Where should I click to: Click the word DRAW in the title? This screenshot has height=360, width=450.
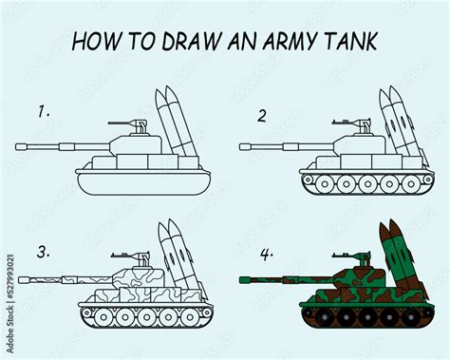point(175,44)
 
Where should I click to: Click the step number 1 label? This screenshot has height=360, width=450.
point(43,111)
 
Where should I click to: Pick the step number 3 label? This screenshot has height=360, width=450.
point(42,252)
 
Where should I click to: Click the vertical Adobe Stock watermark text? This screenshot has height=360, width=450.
point(9,303)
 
